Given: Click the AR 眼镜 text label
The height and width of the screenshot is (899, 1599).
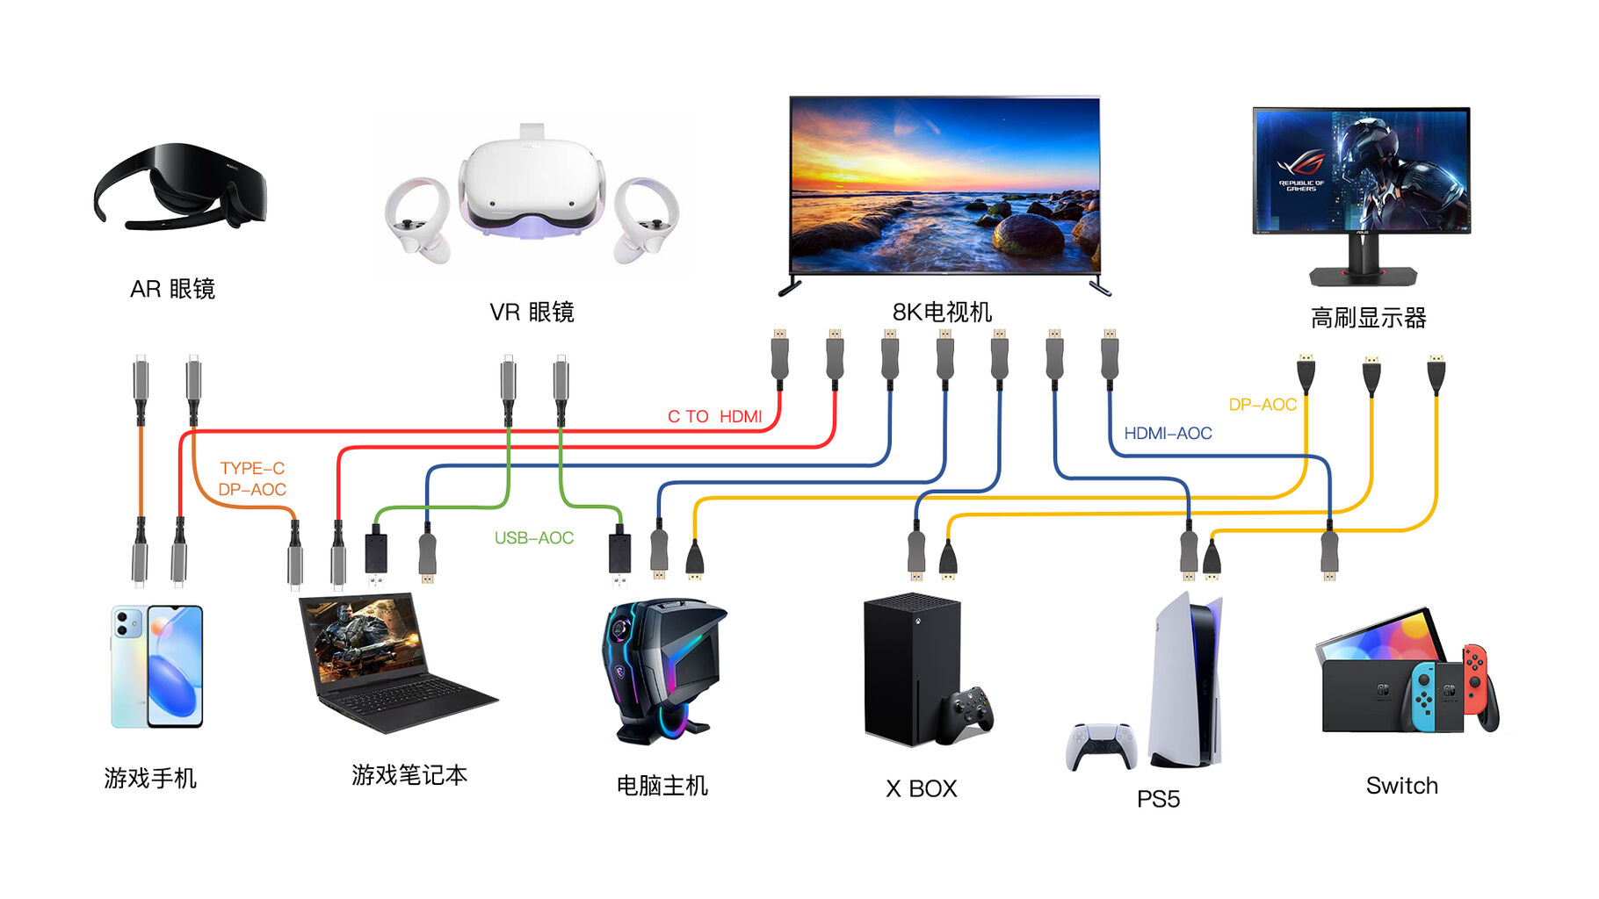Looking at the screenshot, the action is click(x=172, y=289).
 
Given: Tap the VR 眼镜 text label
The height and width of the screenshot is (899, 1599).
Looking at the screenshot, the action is click(x=532, y=312).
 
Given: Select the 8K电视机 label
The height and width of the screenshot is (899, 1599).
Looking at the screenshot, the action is click(x=942, y=312).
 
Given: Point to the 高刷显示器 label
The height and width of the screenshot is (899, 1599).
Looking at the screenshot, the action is click(x=1368, y=318).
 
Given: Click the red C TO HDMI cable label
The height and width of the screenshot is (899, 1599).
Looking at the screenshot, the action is click(x=714, y=416).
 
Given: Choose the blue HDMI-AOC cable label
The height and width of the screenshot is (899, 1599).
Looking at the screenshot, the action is click(x=1168, y=433).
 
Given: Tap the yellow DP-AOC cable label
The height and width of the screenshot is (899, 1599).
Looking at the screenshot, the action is click(x=1262, y=405).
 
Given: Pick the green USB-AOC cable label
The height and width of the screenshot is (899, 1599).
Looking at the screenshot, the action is click(x=533, y=537).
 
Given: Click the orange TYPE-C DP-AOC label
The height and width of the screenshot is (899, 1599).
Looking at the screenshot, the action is click(x=252, y=478).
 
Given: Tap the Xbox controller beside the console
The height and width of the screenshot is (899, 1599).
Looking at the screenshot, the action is click(x=966, y=713).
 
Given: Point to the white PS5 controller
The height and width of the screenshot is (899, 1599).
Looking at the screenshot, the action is click(x=1101, y=745).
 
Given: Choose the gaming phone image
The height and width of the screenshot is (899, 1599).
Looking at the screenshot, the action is click(x=156, y=666).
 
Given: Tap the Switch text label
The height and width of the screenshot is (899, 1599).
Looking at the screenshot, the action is click(x=1401, y=786).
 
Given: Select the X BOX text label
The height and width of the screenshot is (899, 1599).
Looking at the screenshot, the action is click(x=921, y=788).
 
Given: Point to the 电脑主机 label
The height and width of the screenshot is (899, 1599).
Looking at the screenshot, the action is click(x=662, y=786).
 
